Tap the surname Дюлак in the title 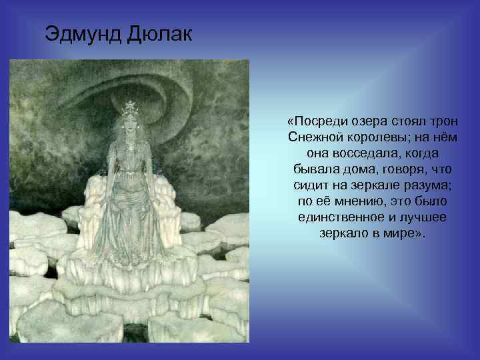point(158,33)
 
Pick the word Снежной point(315,137)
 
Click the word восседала point(368,153)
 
